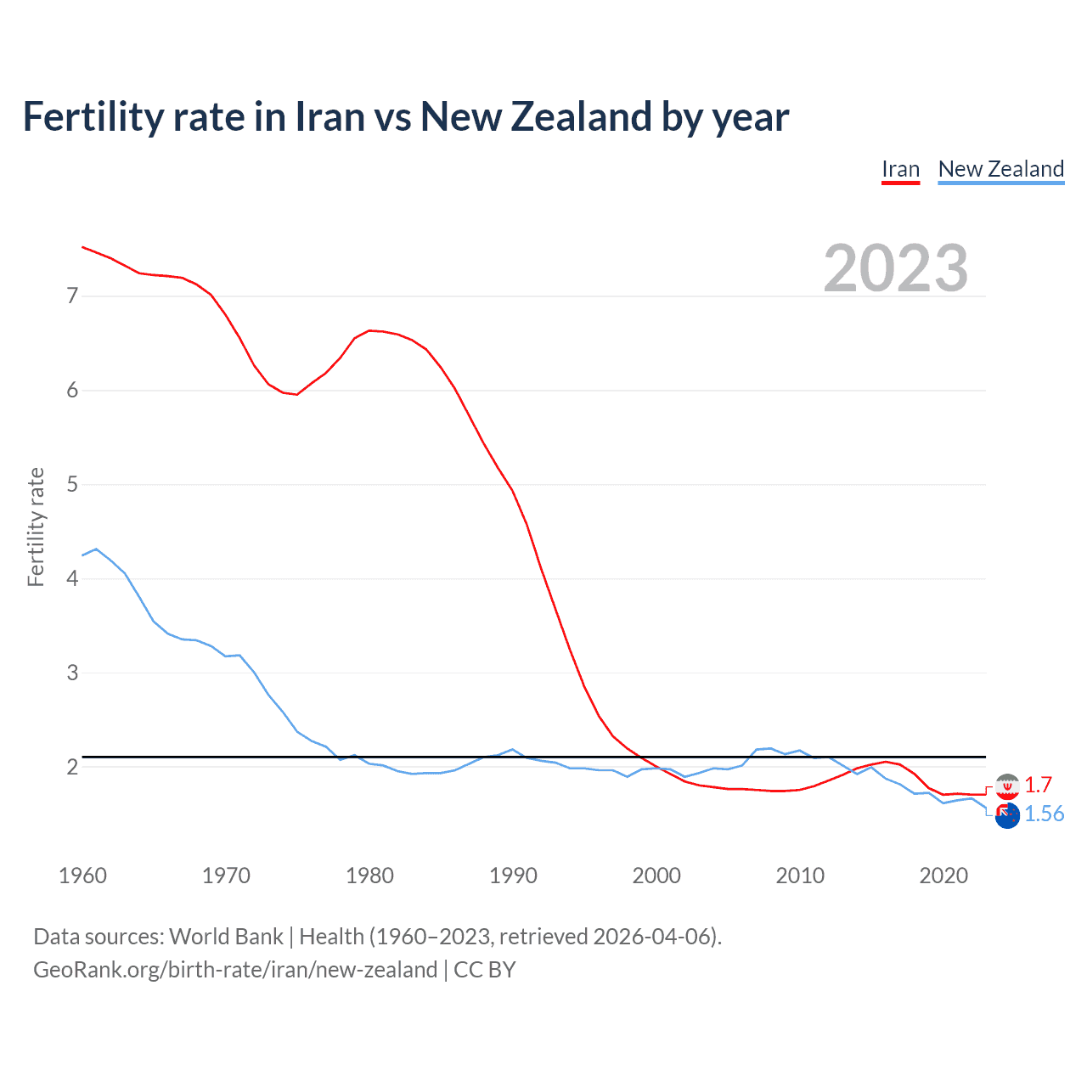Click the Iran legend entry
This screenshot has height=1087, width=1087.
click(x=900, y=169)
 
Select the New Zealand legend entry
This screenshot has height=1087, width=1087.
click(x=1000, y=169)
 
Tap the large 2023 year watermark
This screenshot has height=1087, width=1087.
click(x=896, y=268)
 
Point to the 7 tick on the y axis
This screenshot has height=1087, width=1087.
click(x=72, y=296)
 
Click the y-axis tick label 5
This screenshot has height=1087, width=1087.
click(x=72, y=484)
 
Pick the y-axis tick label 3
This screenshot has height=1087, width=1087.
click(x=72, y=673)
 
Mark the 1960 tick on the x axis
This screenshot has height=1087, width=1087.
click(x=82, y=876)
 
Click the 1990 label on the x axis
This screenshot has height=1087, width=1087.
click(x=513, y=876)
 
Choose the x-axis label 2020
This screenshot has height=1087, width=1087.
click(x=943, y=876)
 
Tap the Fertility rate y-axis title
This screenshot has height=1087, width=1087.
click(x=36, y=527)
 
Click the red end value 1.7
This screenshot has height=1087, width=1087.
click(x=1038, y=785)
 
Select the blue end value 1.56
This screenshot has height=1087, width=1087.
click(x=1044, y=814)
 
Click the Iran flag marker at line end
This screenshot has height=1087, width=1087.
click(x=1007, y=786)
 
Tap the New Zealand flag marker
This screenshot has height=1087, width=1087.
click(x=1007, y=816)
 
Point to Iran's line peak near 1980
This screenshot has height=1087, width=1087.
click(x=369, y=330)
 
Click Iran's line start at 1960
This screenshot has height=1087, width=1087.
click(x=82, y=247)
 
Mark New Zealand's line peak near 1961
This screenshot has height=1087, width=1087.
click(x=96, y=549)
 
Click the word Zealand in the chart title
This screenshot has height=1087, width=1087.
click(x=581, y=116)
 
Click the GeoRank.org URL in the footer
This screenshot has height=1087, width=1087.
click(x=235, y=970)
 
